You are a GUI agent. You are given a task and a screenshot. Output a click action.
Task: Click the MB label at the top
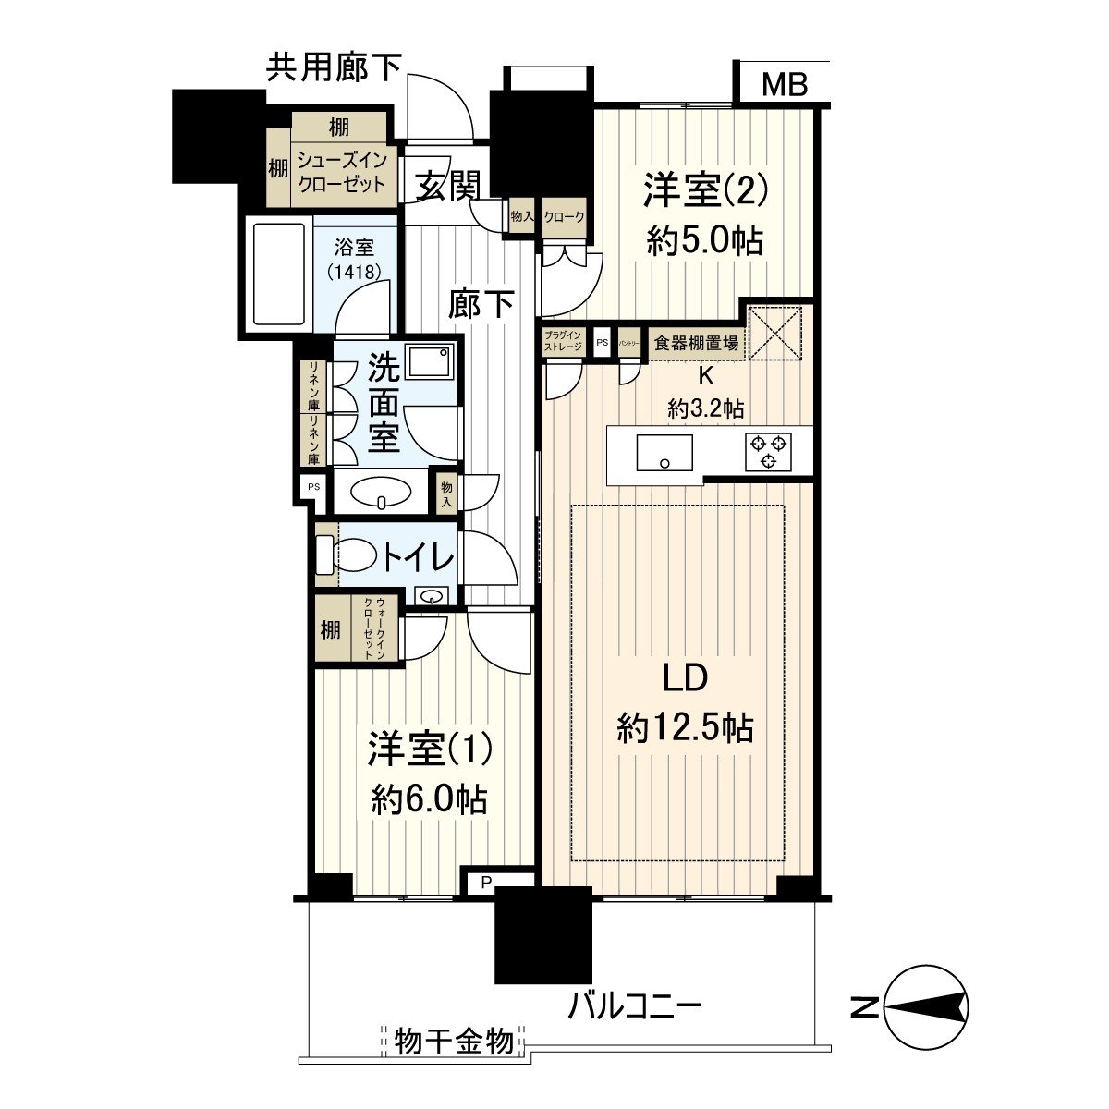click(785, 85)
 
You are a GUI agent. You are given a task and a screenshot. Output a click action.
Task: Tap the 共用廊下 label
click(334, 68)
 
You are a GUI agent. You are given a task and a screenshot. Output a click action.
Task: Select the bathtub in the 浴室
click(278, 274)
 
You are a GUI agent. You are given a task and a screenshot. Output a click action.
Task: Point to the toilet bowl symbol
click(354, 556)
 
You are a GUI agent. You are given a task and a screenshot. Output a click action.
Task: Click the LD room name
click(685, 679)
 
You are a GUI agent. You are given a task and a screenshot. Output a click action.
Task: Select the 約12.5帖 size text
click(685, 728)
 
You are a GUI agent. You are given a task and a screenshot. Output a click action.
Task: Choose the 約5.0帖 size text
click(705, 241)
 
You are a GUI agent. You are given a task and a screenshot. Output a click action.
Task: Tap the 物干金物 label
click(453, 1042)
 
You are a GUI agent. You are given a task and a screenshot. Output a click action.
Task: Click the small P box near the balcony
click(484, 884)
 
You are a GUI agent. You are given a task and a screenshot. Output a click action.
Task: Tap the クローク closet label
click(564, 217)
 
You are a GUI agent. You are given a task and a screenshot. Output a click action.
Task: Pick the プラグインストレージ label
click(563, 341)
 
